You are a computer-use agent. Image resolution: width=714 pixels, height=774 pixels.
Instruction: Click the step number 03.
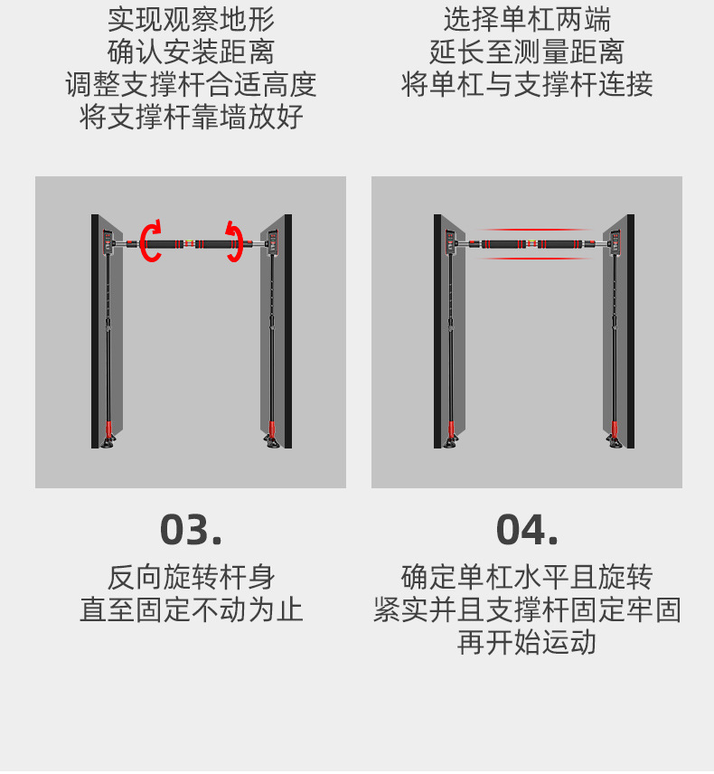[x=191, y=530]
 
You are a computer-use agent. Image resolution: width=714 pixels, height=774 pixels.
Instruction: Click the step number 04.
[x=527, y=530]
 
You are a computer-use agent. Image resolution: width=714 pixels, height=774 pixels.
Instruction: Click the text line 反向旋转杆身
[x=191, y=578]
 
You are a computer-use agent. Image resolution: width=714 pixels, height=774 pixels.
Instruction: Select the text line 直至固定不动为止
[x=191, y=609]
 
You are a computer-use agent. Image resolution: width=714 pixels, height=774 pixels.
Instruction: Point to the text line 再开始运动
[x=527, y=642]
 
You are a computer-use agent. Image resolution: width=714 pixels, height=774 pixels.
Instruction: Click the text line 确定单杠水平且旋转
[x=527, y=578]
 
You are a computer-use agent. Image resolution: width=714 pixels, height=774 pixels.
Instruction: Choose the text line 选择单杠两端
[x=527, y=20]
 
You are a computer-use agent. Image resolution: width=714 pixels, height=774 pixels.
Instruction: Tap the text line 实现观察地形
[x=191, y=20]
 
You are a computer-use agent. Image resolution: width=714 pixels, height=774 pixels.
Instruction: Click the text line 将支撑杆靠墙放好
[x=191, y=117]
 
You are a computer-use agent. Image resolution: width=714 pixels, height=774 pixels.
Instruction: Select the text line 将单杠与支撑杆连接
[x=527, y=84]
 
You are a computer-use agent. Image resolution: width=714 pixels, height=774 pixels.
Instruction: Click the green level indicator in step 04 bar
[x=532, y=243]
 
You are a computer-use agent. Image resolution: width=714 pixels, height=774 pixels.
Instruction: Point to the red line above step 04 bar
[x=534, y=230]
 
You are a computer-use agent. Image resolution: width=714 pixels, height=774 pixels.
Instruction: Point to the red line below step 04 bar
[x=534, y=259]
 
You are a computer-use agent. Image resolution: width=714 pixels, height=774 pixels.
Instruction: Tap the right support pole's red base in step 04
[x=615, y=428]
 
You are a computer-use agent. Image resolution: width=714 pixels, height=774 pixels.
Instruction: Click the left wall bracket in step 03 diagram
[x=108, y=242]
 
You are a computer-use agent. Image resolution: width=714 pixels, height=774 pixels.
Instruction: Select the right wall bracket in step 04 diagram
[x=615, y=242]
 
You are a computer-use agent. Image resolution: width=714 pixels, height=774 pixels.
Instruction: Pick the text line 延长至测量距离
[x=527, y=52]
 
